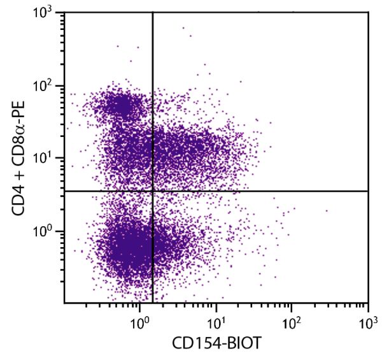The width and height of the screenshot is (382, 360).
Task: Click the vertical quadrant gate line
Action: (x=153, y=96)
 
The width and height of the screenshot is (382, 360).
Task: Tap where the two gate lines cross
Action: (x=153, y=191)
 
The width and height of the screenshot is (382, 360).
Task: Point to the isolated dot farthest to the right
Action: (x=327, y=211)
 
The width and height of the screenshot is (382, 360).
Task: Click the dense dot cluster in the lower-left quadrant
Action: (x=131, y=245)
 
